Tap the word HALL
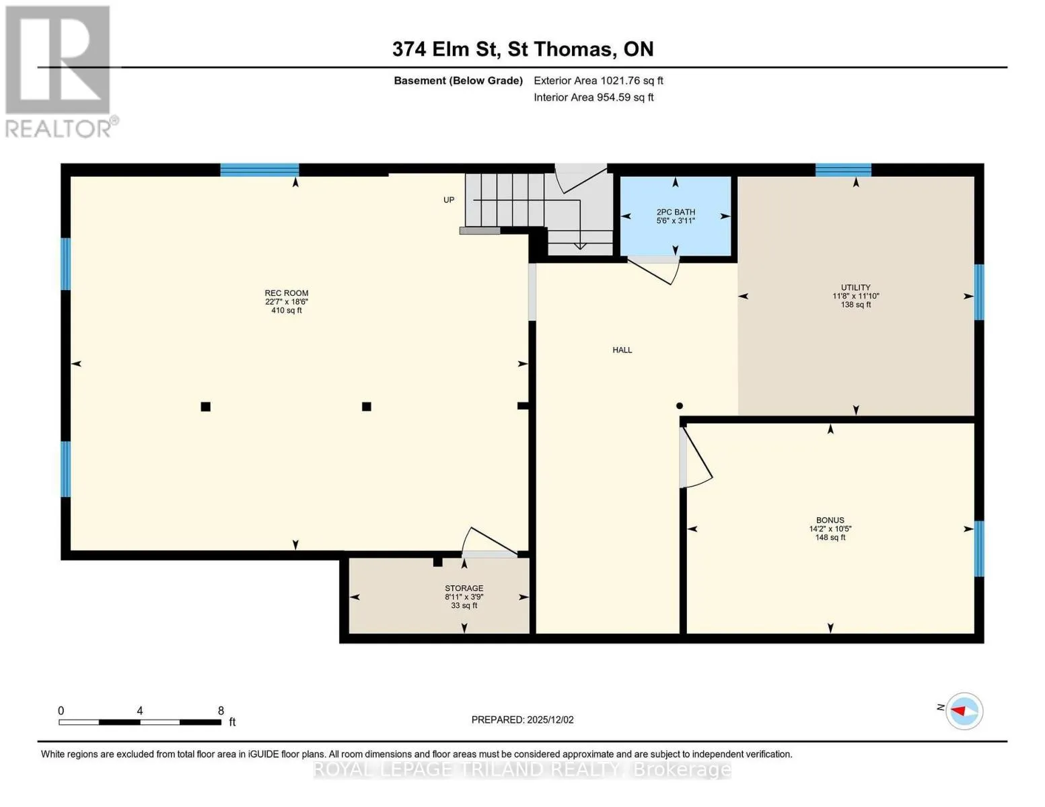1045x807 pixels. point(622,350)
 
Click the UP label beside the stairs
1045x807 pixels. point(449,200)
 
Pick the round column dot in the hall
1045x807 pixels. point(680,406)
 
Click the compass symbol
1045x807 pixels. point(964,712)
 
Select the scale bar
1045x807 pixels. point(140,722)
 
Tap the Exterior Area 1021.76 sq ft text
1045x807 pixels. point(598,81)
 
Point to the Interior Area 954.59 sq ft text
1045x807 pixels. point(593,97)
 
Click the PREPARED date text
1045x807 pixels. point(522,720)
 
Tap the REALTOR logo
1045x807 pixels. point(60,72)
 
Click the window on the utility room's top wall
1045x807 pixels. point(843,170)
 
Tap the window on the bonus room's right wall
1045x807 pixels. point(978,548)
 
